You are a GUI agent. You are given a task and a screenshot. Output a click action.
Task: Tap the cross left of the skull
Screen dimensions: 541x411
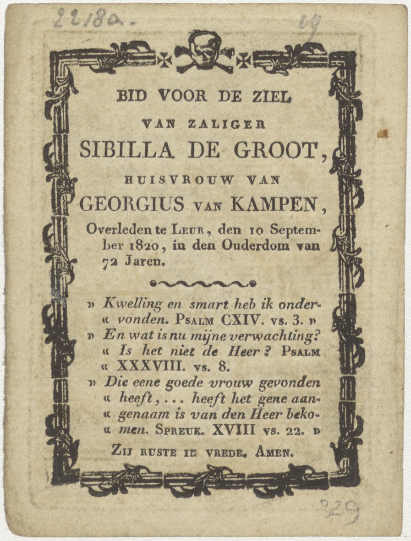tap(164, 59)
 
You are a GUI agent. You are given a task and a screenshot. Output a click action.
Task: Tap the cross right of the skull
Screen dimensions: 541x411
tap(244, 59)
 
